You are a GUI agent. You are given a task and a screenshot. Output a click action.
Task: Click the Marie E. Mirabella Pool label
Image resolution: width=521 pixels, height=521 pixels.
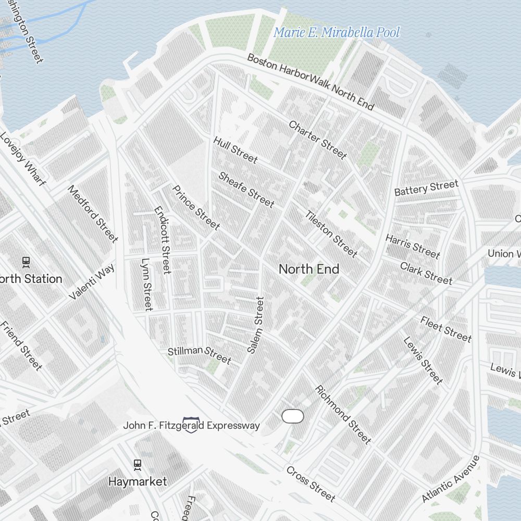point(337,33)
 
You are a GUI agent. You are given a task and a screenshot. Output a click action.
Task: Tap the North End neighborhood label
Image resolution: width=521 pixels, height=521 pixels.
point(309,269)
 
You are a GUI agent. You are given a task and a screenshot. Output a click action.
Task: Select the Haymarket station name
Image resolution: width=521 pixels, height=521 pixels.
point(138,481)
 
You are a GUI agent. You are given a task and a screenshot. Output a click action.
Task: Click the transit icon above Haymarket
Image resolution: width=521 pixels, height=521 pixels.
point(138,464)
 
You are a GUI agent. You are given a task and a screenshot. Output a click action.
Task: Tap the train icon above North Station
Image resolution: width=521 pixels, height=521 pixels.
point(26,262)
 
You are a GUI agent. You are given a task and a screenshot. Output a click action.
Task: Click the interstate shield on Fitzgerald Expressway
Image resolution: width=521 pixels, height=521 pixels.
point(191,425)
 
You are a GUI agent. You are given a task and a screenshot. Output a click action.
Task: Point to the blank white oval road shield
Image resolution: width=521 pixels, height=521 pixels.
point(292,416)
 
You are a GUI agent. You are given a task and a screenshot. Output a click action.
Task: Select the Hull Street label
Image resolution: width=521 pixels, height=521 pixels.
point(235,150)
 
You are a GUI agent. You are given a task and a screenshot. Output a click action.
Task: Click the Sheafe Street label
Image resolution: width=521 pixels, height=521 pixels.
point(246,189)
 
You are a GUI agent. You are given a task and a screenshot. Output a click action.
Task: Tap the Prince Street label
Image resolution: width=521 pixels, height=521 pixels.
point(196,207)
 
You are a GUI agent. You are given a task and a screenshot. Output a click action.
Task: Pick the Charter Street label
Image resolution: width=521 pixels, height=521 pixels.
point(317,140)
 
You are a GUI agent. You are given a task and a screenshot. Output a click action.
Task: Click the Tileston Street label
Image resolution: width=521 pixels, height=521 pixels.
point(331,234)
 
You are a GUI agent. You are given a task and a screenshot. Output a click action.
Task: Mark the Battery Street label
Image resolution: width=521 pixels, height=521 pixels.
point(426,188)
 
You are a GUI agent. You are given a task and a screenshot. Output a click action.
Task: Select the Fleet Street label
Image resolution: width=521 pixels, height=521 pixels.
point(446,329)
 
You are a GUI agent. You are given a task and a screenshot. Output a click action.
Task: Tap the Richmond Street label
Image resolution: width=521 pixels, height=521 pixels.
point(343,415)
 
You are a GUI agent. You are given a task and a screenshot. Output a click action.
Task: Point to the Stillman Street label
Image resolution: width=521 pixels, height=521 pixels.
point(199,355)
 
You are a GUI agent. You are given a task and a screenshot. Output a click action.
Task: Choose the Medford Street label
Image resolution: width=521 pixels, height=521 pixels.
point(93,214)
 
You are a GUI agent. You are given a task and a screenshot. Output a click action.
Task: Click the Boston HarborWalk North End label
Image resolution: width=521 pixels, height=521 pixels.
point(311,82)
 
